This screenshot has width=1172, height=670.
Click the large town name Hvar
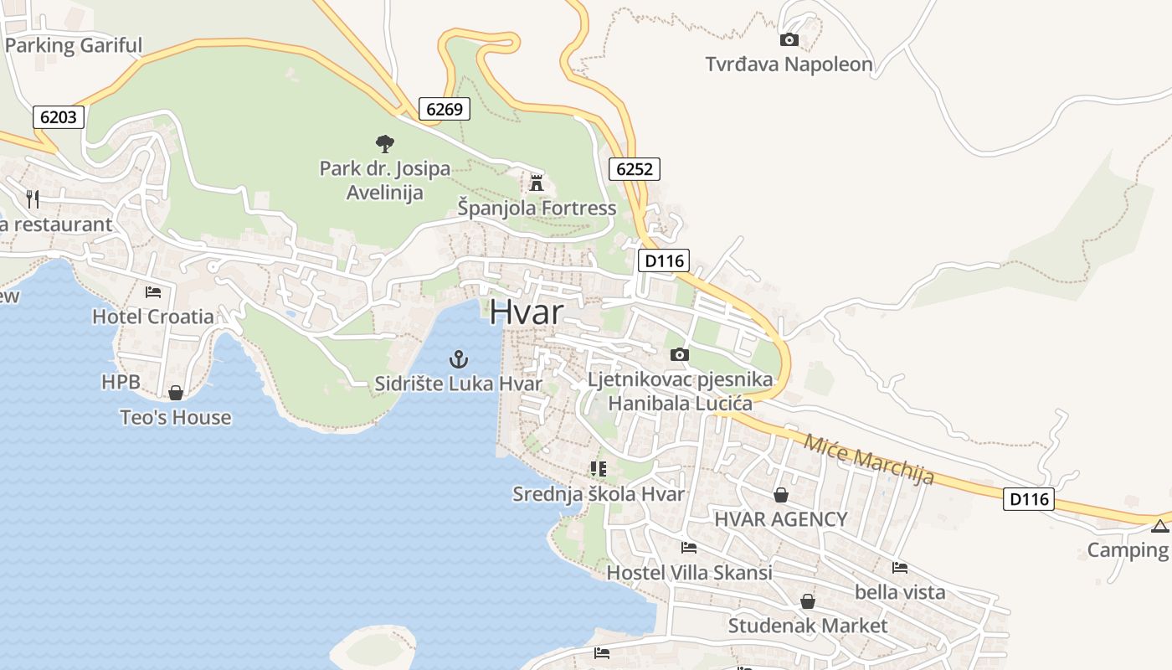[527, 312]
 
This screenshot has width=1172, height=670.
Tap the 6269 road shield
[444, 109]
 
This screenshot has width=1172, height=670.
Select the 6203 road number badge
[59, 117]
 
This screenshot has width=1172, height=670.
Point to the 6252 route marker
[634, 169]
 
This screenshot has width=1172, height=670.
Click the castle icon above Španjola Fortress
[537, 183]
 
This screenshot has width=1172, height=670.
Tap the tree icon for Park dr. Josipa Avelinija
[384, 144]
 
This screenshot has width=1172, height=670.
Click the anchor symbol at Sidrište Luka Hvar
[458, 360]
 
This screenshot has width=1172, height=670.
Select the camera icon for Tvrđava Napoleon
[789, 39]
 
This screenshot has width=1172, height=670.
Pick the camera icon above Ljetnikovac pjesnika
[680, 354]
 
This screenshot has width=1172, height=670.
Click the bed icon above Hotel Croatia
[153, 292]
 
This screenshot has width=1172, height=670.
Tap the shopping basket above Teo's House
[176, 392]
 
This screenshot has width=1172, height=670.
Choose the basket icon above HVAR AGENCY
[780, 495]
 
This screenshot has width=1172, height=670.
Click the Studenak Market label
[807, 626]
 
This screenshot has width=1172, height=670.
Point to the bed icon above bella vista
[899, 568]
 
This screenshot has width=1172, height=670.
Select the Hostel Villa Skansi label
[689, 573]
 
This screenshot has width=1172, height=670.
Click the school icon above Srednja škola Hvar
[598, 469]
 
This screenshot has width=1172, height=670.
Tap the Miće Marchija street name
[868, 459]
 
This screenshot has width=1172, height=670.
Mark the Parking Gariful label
[74, 45]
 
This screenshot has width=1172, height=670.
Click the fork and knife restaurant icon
[33, 198]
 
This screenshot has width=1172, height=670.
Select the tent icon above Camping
[1159, 526]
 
